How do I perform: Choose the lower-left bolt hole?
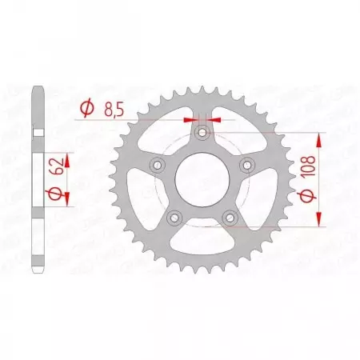[x=173, y=217]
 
